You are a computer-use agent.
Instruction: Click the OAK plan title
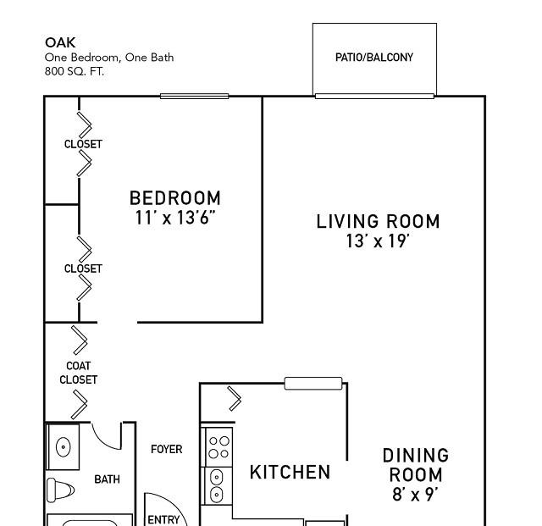click(60, 42)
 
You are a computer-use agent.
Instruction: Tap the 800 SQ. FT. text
click(75, 71)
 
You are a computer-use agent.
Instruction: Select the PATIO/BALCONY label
click(374, 57)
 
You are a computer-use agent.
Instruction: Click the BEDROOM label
click(175, 198)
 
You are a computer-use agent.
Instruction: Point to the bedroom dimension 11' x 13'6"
click(175, 218)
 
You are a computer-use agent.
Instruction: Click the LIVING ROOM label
click(379, 221)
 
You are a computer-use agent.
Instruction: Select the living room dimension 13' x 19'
click(379, 241)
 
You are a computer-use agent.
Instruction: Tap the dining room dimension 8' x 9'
click(415, 494)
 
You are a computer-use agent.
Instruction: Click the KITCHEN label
click(290, 472)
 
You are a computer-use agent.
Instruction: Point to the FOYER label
click(166, 449)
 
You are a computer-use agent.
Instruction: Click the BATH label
click(108, 479)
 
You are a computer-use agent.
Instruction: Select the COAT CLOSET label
click(79, 373)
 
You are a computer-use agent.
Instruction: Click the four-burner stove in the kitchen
click(218, 447)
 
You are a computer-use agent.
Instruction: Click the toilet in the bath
click(60, 490)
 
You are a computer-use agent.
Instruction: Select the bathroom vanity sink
click(63, 447)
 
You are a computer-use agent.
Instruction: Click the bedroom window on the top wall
click(194, 97)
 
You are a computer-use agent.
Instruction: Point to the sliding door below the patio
click(374, 96)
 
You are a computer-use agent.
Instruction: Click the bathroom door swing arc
click(103, 440)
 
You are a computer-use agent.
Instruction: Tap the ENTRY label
click(163, 520)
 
